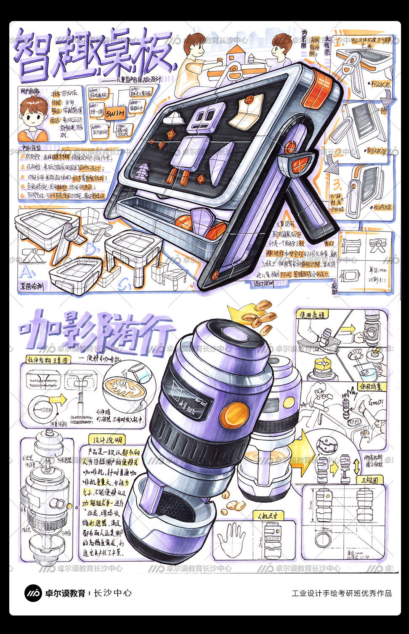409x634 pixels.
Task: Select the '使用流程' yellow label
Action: (x=312, y=315)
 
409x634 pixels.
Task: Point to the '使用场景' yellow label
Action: (x=371, y=385)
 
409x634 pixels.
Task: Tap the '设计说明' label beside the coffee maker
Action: (x=108, y=440)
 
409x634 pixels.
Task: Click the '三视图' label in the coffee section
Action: (x=369, y=480)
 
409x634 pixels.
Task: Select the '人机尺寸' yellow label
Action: (x=268, y=515)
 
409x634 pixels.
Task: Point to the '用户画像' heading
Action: (x=29, y=90)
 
